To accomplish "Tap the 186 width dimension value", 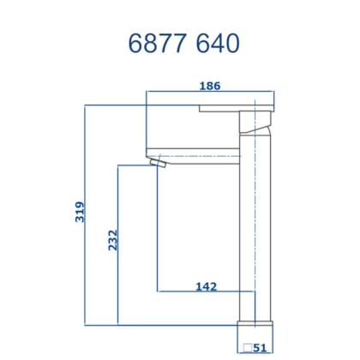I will pyautogui.click(x=212, y=86).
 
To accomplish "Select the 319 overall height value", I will pyautogui.click(x=80, y=212).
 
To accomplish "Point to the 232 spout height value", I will pyautogui.click(x=112, y=242).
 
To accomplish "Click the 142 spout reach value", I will pyautogui.click(x=205, y=285).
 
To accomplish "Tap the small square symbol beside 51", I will pyautogui.click(x=245, y=348).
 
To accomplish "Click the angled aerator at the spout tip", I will pyautogui.click(x=158, y=163).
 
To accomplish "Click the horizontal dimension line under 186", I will pyautogui.click(x=212, y=93).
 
